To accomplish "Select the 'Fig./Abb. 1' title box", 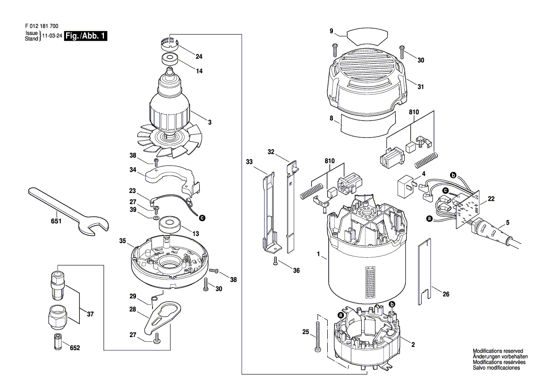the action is point(85,36).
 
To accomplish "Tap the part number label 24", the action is point(199,57).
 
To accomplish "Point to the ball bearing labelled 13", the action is point(170,225).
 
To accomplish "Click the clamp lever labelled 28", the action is point(162,316).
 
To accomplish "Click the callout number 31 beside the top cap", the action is point(421,86).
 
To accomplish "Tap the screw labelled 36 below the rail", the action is point(276,261).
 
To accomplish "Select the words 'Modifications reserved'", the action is point(498,351).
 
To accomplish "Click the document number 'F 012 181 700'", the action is point(42,26).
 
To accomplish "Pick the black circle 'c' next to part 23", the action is point(202,218).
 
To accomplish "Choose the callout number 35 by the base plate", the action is point(122,241).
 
